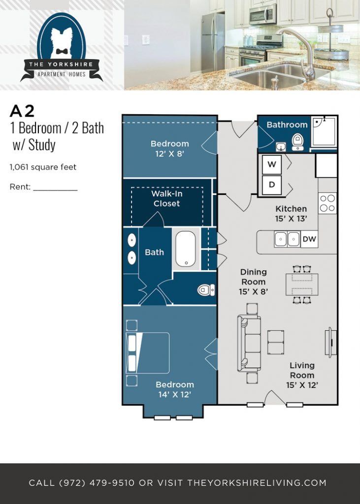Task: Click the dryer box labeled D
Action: click(x=271, y=185)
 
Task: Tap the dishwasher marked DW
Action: click(x=309, y=239)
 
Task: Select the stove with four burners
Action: click(x=327, y=203)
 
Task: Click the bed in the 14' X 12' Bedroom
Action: click(x=148, y=352)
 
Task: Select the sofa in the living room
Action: click(x=250, y=343)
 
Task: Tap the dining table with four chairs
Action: click(x=302, y=284)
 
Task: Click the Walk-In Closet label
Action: click(x=166, y=199)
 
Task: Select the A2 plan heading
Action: click(x=22, y=111)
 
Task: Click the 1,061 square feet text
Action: click(x=43, y=167)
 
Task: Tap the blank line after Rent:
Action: click(x=55, y=188)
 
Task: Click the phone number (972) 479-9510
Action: click(x=97, y=483)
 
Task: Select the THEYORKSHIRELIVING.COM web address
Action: click(x=257, y=483)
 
